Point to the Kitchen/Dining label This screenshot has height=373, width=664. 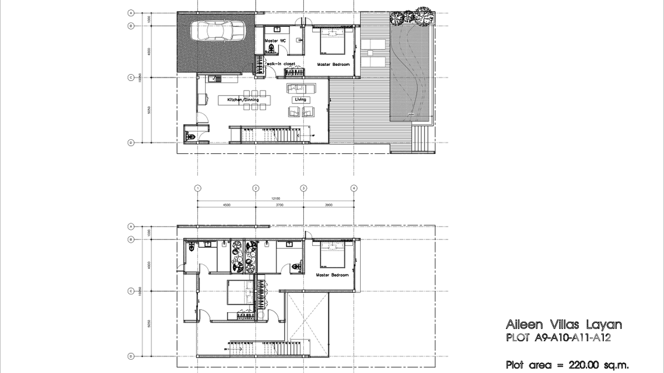point(242,100)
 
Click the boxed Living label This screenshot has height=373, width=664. point(300,99)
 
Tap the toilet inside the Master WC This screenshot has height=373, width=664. point(271,48)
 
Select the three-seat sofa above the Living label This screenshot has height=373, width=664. point(301,88)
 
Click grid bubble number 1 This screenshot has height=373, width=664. point(197,188)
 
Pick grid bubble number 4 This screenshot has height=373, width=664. point(354,188)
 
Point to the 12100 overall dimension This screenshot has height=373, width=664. point(275,198)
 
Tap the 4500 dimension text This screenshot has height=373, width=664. point(226,205)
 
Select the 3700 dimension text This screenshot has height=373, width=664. point(280,205)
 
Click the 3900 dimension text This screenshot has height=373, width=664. point(329,205)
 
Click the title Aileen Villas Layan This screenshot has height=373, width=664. point(564,325)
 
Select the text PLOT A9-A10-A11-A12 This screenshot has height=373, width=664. point(558,338)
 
